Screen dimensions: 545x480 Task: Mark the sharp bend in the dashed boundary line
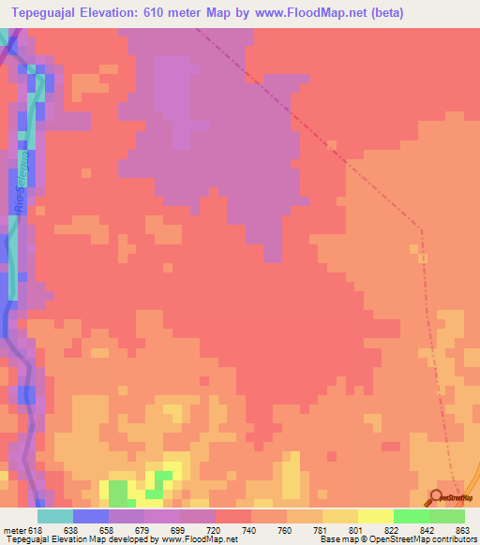pyautogui.click(x=421, y=227)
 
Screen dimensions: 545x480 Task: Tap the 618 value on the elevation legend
pyautogui.click(x=36, y=529)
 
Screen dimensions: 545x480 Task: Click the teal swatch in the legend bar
pyautogui.click(x=54, y=516)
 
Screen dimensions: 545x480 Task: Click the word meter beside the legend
pyautogui.click(x=13, y=529)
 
